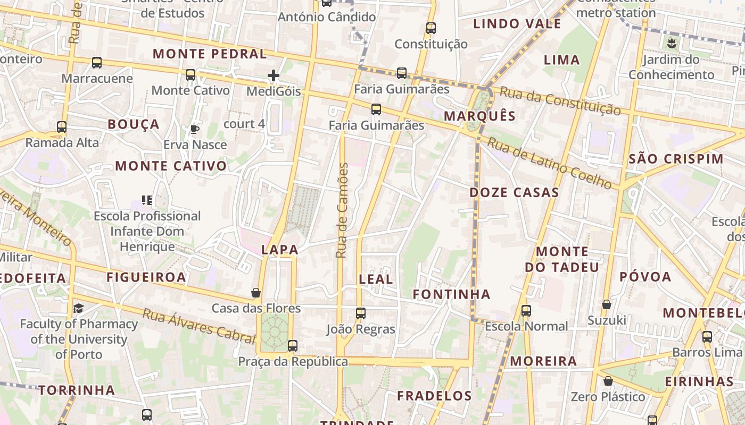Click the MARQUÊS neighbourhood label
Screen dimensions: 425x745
click(x=479, y=116)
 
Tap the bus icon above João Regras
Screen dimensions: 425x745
click(x=360, y=313)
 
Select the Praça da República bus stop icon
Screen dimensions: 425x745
click(x=292, y=346)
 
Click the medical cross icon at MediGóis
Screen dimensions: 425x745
click(x=274, y=75)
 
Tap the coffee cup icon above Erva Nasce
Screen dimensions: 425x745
click(x=195, y=129)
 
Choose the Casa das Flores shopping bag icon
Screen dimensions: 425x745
click(x=256, y=293)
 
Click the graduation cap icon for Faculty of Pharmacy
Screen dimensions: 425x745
click(x=79, y=308)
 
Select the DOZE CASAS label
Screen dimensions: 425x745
click(x=514, y=192)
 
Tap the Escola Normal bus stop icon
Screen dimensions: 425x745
click(x=526, y=311)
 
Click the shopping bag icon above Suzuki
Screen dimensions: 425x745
click(x=606, y=304)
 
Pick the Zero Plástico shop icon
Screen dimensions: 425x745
click(x=608, y=381)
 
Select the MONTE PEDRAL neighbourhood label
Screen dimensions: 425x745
click(x=210, y=54)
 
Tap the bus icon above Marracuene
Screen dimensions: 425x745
click(x=96, y=63)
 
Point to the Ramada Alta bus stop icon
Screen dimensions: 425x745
click(x=62, y=127)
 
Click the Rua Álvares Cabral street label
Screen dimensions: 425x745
click(x=198, y=325)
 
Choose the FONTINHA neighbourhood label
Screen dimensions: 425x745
click(x=451, y=294)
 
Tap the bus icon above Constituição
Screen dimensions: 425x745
click(x=431, y=28)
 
